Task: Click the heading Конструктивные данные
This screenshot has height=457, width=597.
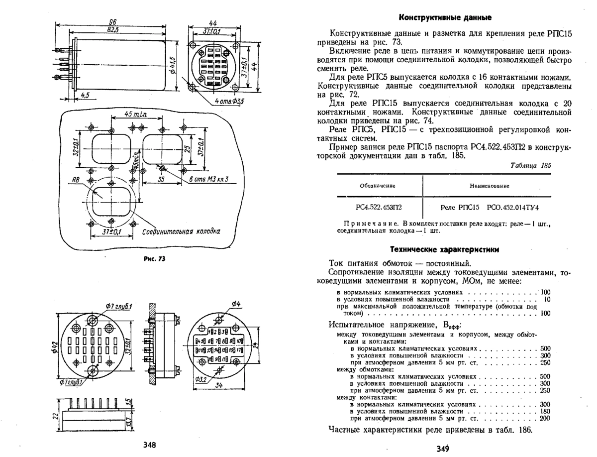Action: point(445,18)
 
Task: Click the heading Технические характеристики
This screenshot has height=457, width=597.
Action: point(444,249)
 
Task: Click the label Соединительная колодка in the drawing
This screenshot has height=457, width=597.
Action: point(181,232)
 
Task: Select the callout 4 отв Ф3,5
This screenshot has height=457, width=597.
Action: point(230,102)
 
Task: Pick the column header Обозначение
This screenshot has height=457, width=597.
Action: point(378,186)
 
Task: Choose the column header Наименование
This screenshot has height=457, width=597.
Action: point(489,186)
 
